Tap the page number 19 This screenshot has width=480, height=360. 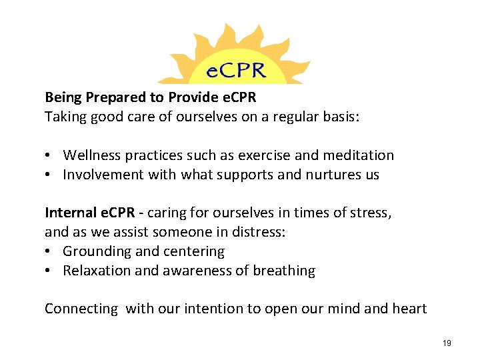pos(447,343)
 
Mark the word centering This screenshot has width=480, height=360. pos(194,251)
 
